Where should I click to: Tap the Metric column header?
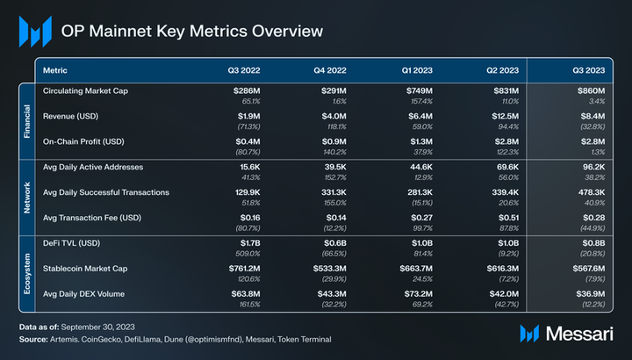(55, 69)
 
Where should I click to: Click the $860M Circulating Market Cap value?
(590, 90)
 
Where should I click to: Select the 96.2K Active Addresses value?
(591, 167)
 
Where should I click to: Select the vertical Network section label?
(26, 195)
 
